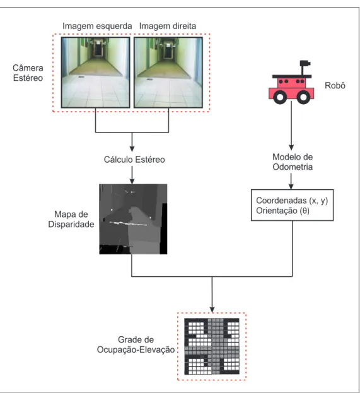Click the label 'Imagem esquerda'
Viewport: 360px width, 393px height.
point(97,26)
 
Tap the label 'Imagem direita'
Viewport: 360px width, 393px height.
point(168,26)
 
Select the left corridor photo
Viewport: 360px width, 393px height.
point(95,73)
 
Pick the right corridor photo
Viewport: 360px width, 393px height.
point(168,73)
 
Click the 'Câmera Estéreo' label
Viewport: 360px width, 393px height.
point(28,73)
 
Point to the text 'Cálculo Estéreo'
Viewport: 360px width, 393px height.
point(134,160)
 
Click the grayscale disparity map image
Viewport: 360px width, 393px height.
point(133,220)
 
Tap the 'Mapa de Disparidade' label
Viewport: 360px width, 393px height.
point(71,220)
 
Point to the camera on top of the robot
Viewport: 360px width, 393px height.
point(305,64)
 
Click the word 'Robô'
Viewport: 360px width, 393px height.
point(335,86)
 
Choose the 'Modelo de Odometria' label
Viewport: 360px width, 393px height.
point(293,162)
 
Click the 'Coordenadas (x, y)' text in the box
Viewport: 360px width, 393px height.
point(292,201)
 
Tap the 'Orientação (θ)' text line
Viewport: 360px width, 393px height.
point(282,211)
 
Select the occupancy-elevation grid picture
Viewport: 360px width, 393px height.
point(212,346)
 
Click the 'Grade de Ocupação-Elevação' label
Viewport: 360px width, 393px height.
point(136,344)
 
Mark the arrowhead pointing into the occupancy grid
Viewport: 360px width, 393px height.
point(212,310)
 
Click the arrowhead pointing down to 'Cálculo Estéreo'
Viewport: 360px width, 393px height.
point(132,149)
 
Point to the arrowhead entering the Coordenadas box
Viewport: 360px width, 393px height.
point(291,187)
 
